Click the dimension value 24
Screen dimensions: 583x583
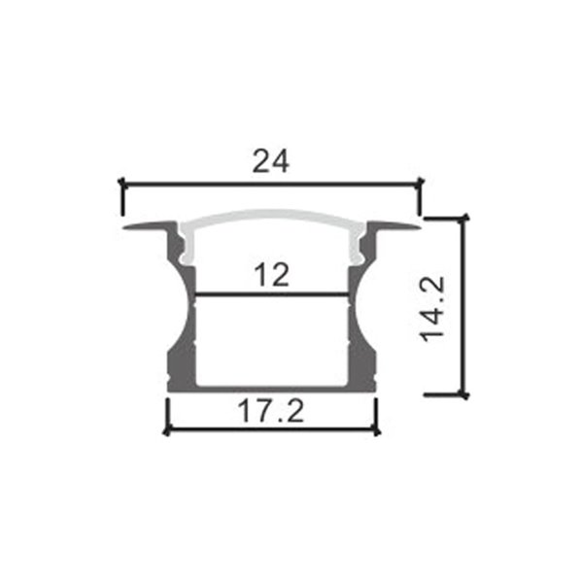(271, 161)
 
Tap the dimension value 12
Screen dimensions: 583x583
(271, 275)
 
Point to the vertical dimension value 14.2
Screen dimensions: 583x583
(434, 307)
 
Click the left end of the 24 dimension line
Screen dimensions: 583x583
(121, 182)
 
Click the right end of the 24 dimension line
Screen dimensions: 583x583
(420, 182)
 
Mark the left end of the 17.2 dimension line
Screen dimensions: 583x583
(167, 430)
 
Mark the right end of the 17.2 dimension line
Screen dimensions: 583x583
(375, 430)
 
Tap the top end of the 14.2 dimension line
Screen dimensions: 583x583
(463, 219)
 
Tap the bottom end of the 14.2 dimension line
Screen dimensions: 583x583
(463, 395)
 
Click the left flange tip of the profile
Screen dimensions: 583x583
(126, 228)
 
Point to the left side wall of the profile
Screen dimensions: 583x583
(181, 340)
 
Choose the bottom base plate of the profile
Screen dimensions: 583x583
(271, 387)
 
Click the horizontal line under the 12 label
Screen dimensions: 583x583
(271, 293)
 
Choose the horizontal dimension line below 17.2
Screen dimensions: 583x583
(271, 430)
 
